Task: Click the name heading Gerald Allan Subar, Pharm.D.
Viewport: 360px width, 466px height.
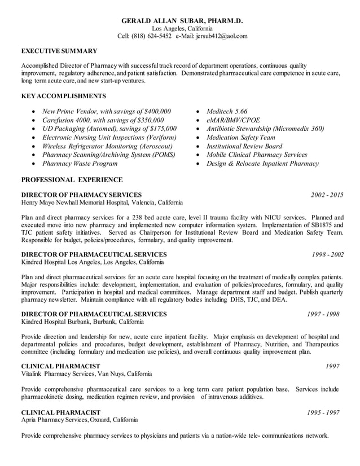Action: click(x=182, y=21)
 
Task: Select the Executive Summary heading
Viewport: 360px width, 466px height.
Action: click(x=59, y=51)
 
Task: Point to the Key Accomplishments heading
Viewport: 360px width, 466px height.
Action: click(x=63, y=96)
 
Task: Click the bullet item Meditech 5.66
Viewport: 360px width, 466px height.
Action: click(x=227, y=111)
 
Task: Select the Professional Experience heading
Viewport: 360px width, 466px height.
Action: click(x=72, y=180)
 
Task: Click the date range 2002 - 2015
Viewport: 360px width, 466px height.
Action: click(x=327, y=195)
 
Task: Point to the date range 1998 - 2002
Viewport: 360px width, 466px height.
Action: click(x=328, y=254)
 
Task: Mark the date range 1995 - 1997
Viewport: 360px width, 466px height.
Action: click(x=323, y=412)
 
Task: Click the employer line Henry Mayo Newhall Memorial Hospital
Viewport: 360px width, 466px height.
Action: click(x=102, y=203)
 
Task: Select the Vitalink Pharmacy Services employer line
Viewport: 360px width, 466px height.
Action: click(x=86, y=373)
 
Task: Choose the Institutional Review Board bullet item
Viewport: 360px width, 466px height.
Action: click(x=244, y=146)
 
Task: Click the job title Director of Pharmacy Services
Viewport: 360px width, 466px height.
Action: click(x=81, y=195)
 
